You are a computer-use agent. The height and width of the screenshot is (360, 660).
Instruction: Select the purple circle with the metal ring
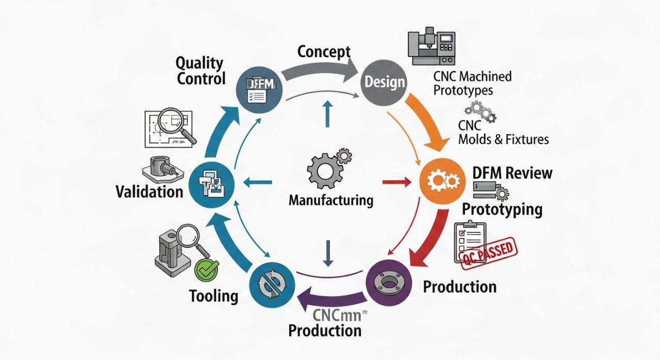tap(389, 282)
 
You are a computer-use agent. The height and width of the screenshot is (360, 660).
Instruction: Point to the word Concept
tap(324, 52)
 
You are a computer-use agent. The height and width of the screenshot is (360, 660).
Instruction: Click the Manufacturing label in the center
tap(331, 200)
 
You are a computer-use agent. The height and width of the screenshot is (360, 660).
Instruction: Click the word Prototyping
tap(502, 209)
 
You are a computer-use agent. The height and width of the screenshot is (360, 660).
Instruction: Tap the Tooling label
tap(213, 296)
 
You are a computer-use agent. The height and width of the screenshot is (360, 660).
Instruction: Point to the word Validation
tap(149, 192)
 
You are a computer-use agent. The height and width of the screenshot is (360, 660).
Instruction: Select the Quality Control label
tap(201, 71)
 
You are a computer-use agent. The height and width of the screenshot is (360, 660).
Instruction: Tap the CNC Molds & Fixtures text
tap(503, 133)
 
